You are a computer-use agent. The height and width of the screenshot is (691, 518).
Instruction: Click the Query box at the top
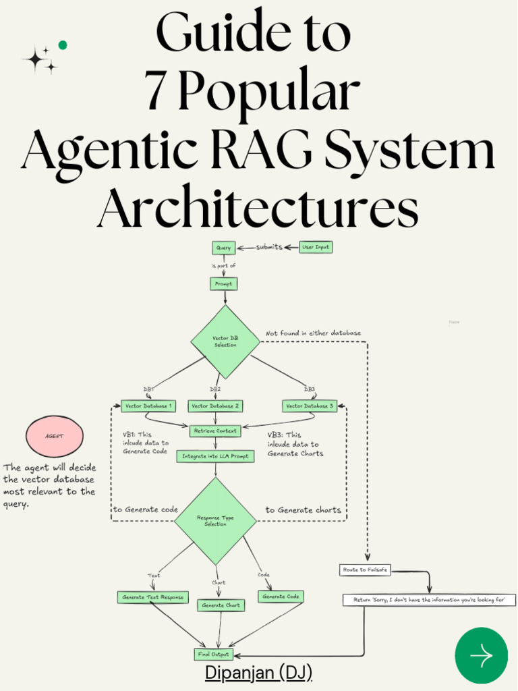pos(223,248)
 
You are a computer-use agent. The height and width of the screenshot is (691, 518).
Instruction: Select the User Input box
pos(316,247)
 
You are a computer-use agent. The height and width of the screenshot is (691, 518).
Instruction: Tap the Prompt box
pos(223,284)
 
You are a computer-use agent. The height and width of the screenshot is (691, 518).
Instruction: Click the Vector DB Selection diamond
pos(225,341)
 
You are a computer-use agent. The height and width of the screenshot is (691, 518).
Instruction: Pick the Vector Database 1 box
pos(148,406)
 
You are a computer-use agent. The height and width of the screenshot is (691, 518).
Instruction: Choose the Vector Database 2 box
pos(215,406)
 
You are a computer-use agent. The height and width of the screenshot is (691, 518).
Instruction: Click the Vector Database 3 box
pos(309,406)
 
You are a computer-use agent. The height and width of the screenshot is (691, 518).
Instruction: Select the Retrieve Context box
pos(215,431)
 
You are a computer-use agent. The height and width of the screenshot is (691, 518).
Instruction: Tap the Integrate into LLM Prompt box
pos(215,456)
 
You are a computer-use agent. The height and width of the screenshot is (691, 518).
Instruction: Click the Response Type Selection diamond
pos(216,521)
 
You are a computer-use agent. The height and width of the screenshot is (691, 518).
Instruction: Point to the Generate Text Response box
pos(153,597)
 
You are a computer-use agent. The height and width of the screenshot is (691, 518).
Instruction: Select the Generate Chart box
pos(221,605)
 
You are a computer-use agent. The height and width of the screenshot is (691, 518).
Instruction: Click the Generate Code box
pos(281,597)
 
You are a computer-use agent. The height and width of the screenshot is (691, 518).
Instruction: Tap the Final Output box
pos(213,654)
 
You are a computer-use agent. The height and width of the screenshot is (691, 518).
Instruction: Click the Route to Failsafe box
pos(365,570)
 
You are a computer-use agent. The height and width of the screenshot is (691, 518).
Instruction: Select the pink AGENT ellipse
pos(54,436)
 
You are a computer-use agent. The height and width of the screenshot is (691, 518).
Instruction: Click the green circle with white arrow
pos(481,655)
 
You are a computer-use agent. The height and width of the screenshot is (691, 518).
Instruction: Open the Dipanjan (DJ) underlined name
pos(258,673)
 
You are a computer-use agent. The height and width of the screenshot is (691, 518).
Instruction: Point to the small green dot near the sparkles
pos(63,45)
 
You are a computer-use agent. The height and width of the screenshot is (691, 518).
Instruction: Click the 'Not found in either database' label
pos(313,333)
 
